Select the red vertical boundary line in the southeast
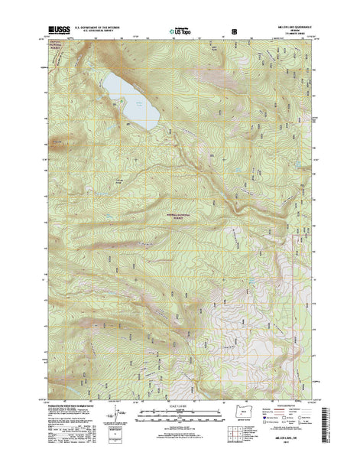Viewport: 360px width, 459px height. [x=274, y=306]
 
